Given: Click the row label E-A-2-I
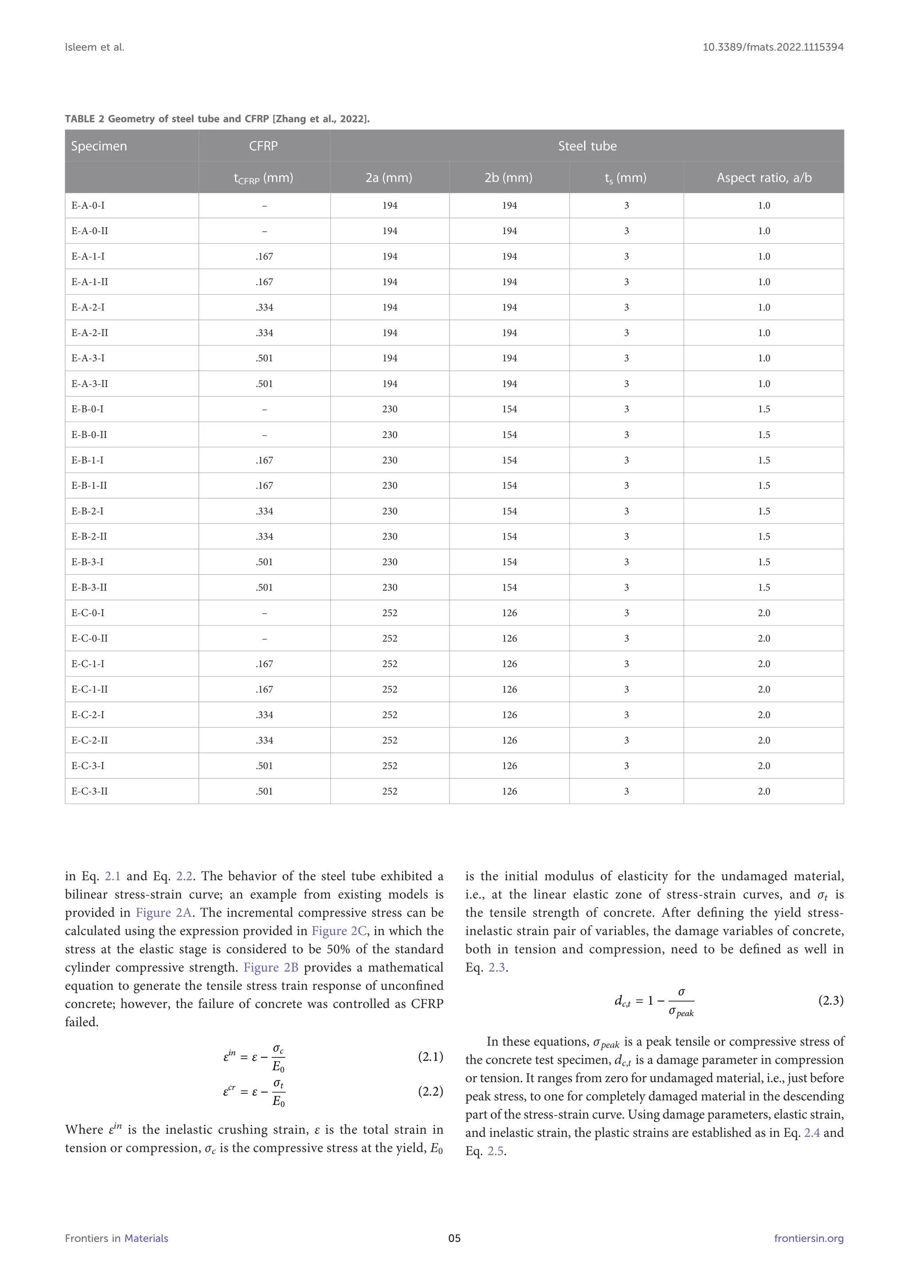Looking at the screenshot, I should [x=88, y=307].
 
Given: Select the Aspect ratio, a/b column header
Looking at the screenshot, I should [x=763, y=177].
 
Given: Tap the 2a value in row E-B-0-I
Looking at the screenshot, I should [x=390, y=409].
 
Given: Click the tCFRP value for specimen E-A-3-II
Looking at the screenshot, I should [x=264, y=384].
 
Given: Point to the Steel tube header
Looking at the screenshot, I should [x=587, y=146].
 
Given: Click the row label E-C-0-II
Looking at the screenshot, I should [x=90, y=638].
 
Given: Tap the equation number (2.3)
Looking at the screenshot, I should [x=830, y=1000].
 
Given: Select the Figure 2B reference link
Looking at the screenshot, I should [x=271, y=967].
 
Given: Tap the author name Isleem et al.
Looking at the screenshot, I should [x=95, y=47].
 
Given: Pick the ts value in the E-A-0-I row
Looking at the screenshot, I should [x=626, y=205].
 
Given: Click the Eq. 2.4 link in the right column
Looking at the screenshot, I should [x=812, y=1133].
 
